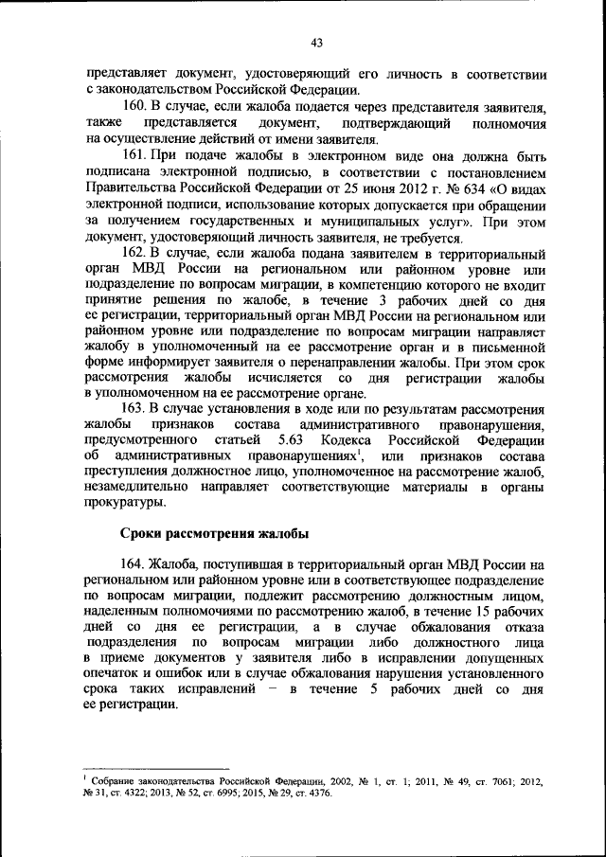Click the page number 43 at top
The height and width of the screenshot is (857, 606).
pos(316,42)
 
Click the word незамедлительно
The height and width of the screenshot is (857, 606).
pos(135,488)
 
